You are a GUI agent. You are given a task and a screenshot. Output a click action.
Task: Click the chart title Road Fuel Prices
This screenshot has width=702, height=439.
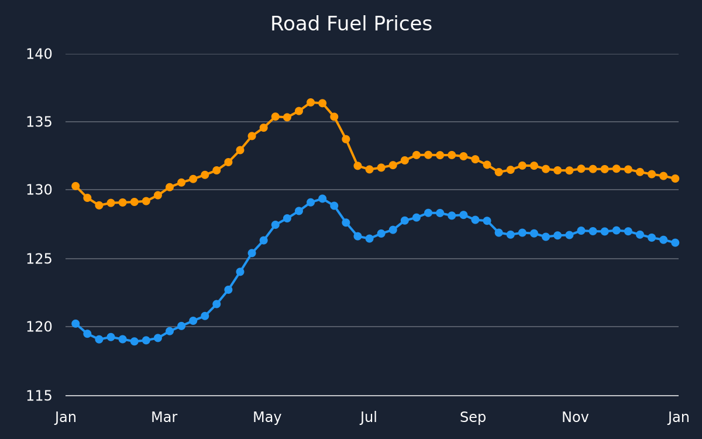tap(351, 24)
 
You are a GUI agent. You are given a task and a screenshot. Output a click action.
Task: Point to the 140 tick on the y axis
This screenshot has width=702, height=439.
tap(39, 54)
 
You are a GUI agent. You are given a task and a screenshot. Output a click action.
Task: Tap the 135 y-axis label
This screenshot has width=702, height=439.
tap(39, 122)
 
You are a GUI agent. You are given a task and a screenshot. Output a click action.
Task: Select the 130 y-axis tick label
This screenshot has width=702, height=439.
tap(39, 190)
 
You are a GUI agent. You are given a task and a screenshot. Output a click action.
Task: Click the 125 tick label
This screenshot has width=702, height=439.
tap(39, 259)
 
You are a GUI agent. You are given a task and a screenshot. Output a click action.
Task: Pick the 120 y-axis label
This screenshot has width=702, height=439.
tap(39, 327)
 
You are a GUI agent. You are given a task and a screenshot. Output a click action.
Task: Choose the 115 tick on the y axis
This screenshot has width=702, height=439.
tap(39, 396)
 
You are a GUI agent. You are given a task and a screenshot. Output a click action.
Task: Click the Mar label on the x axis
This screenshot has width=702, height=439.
tap(164, 417)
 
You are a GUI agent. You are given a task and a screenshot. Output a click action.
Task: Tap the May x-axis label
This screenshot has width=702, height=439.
tap(267, 418)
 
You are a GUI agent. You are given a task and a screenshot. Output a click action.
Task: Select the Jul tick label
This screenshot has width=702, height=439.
tap(369, 417)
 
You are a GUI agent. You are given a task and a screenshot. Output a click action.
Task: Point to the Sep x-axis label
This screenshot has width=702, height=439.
tap(473, 418)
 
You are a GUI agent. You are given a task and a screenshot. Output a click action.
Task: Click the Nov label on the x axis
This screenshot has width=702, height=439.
tap(575, 417)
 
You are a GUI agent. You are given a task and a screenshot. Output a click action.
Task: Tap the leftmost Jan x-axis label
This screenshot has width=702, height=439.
tap(66, 417)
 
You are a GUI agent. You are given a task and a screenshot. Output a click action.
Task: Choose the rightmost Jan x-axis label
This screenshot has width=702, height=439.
tap(679, 417)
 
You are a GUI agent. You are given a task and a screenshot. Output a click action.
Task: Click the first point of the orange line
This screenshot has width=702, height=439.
tap(75, 186)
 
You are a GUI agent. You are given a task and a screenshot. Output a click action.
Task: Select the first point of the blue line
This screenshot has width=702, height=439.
tap(75, 324)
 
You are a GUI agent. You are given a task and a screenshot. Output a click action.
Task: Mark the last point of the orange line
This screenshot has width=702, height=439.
tap(675, 179)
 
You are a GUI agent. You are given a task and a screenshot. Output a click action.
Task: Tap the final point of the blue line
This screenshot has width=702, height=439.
tap(675, 243)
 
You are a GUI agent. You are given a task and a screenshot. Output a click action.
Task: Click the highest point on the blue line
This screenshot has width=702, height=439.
tap(322, 199)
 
